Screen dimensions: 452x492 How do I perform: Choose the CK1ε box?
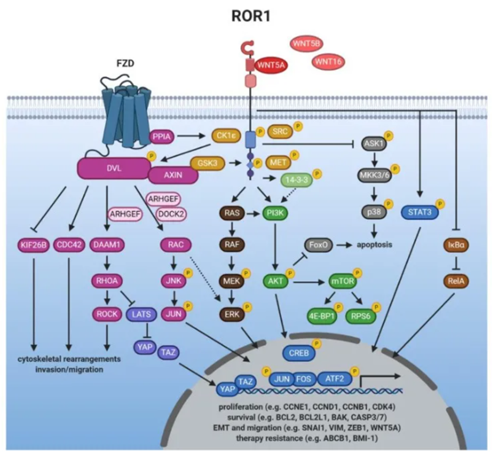[221, 137]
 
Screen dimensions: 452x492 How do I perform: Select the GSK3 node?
[205, 161]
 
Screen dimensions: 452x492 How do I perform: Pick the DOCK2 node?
[170, 214]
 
